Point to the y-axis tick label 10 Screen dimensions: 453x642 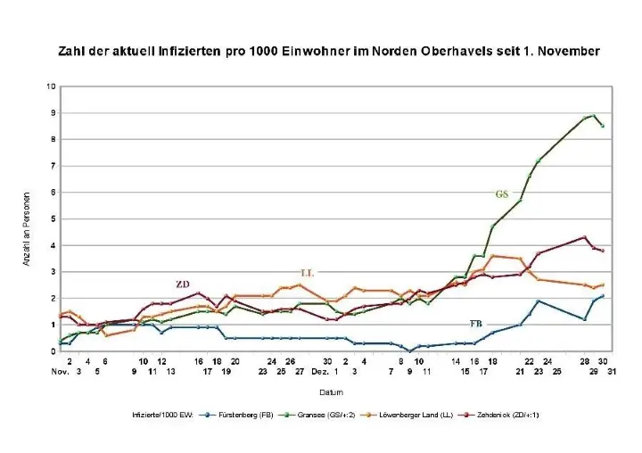[x=51, y=86]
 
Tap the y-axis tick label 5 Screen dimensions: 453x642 [x=52, y=218]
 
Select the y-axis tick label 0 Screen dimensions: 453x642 [x=52, y=351]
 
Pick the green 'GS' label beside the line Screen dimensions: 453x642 [x=502, y=194]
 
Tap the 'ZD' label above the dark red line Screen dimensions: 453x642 [x=183, y=284]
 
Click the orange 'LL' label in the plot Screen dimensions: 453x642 [x=308, y=271]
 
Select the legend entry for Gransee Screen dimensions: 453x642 [x=333, y=416]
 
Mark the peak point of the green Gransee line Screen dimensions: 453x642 [x=595, y=115]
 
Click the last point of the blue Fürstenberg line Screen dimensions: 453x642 [x=603, y=296]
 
